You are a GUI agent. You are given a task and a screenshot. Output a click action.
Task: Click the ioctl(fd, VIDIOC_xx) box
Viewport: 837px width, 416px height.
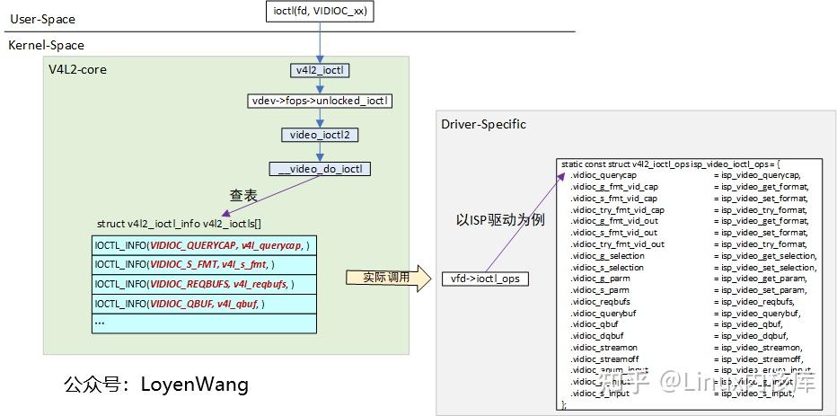(x=319, y=12)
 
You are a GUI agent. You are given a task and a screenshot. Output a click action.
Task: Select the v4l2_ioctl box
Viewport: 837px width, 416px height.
(x=319, y=70)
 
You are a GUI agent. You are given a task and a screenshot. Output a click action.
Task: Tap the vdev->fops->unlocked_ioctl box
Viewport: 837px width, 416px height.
(x=320, y=102)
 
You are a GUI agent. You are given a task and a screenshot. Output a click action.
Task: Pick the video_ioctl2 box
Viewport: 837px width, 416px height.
(x=320, y=135)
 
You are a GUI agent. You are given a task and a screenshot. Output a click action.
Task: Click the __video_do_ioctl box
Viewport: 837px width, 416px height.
(x=320, y=168)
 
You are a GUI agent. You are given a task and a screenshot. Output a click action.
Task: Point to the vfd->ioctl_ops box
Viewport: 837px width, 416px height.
(x=485, y=279)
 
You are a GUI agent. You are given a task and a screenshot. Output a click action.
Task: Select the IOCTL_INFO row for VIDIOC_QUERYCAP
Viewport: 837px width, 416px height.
(x=204, y=245)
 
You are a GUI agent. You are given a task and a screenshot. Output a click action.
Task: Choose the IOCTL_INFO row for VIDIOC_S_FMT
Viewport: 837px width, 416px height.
(x=204, y=264)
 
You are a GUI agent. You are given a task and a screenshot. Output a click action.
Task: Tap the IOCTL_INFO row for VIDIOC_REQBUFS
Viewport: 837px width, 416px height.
(x=204, y=284)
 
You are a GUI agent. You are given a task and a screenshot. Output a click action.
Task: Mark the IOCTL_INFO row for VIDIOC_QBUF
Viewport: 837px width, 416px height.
(x=204, y=304)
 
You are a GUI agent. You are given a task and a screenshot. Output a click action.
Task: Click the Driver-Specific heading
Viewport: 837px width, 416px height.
(x=483, y=124)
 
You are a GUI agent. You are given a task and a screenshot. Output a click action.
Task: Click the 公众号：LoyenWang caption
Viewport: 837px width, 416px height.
(x=155, y=385)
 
